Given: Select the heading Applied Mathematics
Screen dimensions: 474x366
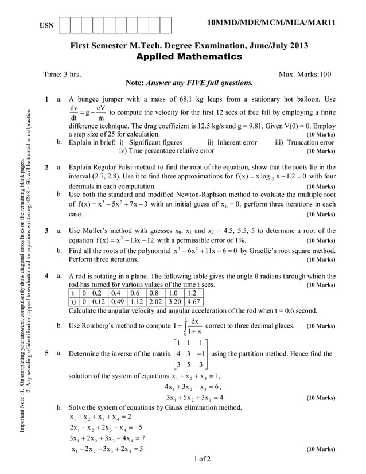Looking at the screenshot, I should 189,57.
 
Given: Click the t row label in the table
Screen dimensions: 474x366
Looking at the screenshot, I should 74,293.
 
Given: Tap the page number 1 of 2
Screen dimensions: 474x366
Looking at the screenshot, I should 203,459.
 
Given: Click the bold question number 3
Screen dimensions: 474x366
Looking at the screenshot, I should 46,230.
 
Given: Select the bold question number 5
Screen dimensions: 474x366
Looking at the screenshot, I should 46,353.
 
